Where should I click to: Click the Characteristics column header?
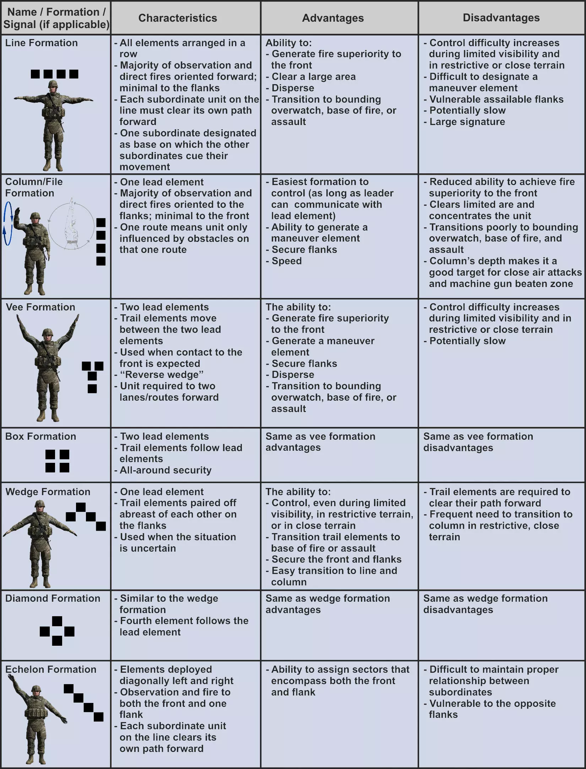click(x=177, y=18)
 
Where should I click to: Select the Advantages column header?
click(x=333, y=18)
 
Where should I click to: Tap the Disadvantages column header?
click(x=501, y=17)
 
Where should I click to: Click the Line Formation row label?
click(x=41, y=43)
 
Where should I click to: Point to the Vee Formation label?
click(x=40, y=307)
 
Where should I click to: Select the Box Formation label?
click(x=40, y=436)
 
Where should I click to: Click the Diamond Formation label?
click(x=53, y=598)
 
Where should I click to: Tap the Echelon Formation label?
click(x=51, y=669)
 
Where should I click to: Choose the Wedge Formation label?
click(x=48, y=492)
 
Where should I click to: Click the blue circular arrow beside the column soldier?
click(x=8, y=223)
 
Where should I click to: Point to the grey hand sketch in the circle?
click(x=71, y=224)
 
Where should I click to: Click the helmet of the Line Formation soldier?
click(x=53, y=85)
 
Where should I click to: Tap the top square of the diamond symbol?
click(x=57, y=621)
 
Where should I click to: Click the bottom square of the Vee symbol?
click(x=92, y=389)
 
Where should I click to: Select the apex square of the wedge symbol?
click(x=81, y=507)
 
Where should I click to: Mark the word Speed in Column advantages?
click(x=287, y=261)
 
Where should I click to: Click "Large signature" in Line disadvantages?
click(x=467, y=122)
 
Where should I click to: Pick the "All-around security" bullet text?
click(x=166, y=470)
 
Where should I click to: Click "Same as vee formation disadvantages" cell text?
click(x=478, y=442)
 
